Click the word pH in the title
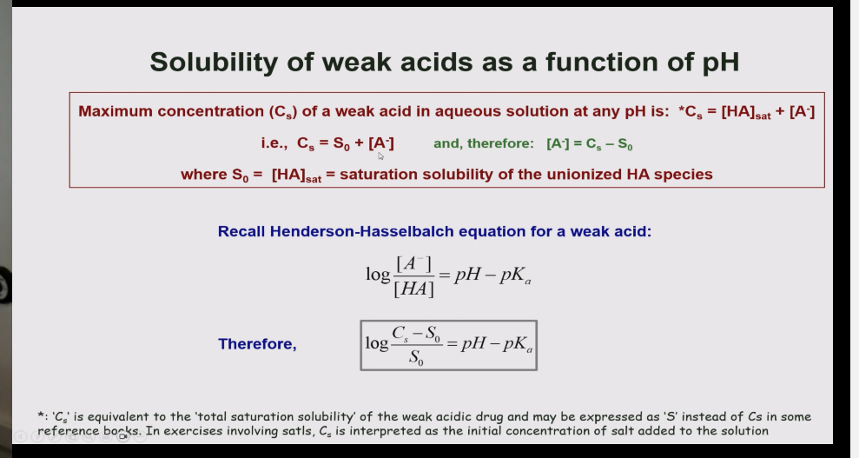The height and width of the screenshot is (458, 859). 720,62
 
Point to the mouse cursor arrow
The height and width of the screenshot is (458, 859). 380,156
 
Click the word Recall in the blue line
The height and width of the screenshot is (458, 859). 241,232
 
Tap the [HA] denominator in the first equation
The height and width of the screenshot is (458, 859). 413,289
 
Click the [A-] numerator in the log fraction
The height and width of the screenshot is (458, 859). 414,263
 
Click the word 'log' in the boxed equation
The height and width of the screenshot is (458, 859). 377,343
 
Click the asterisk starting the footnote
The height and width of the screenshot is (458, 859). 41,417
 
